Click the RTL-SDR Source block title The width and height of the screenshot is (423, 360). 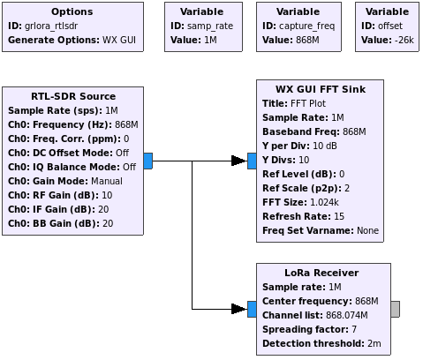[x=73, y=96]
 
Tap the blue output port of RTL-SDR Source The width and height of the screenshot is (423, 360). [x=148, y=161]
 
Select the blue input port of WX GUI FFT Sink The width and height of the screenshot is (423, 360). [x=252, y=161]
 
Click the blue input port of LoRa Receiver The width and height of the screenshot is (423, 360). [x=252, y=309]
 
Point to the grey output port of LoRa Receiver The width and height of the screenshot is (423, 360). [x=396, y=309]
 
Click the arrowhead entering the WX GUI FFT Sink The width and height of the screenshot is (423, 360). [x=238, y=161]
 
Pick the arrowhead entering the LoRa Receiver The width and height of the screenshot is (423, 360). [x=238, y=309]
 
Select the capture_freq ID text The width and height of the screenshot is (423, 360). [x=307, y=26]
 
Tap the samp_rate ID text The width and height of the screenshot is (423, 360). [x=210, y=26]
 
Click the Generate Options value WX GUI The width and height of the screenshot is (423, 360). [x=119, y=40]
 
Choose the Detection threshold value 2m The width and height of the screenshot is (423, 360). [x=374, y=343]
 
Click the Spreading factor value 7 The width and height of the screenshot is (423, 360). [x=354, y=329]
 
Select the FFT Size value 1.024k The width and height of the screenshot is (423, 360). [x=324, y=202]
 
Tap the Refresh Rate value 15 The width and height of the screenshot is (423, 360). [x=339, y=216]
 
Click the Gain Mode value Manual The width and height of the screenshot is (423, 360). [x=107, y=181]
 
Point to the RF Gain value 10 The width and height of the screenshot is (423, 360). [x=107, y=195]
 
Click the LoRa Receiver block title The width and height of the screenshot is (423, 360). [x=321, y=273]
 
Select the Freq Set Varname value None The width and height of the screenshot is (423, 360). [x=367, y=230]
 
